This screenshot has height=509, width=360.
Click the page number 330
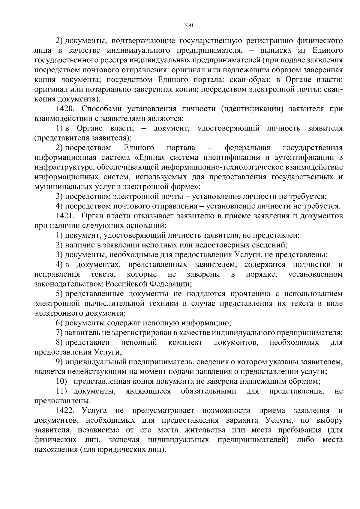click(x=188, y=25)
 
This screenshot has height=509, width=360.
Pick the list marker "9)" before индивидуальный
click(x=59, y=362)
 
